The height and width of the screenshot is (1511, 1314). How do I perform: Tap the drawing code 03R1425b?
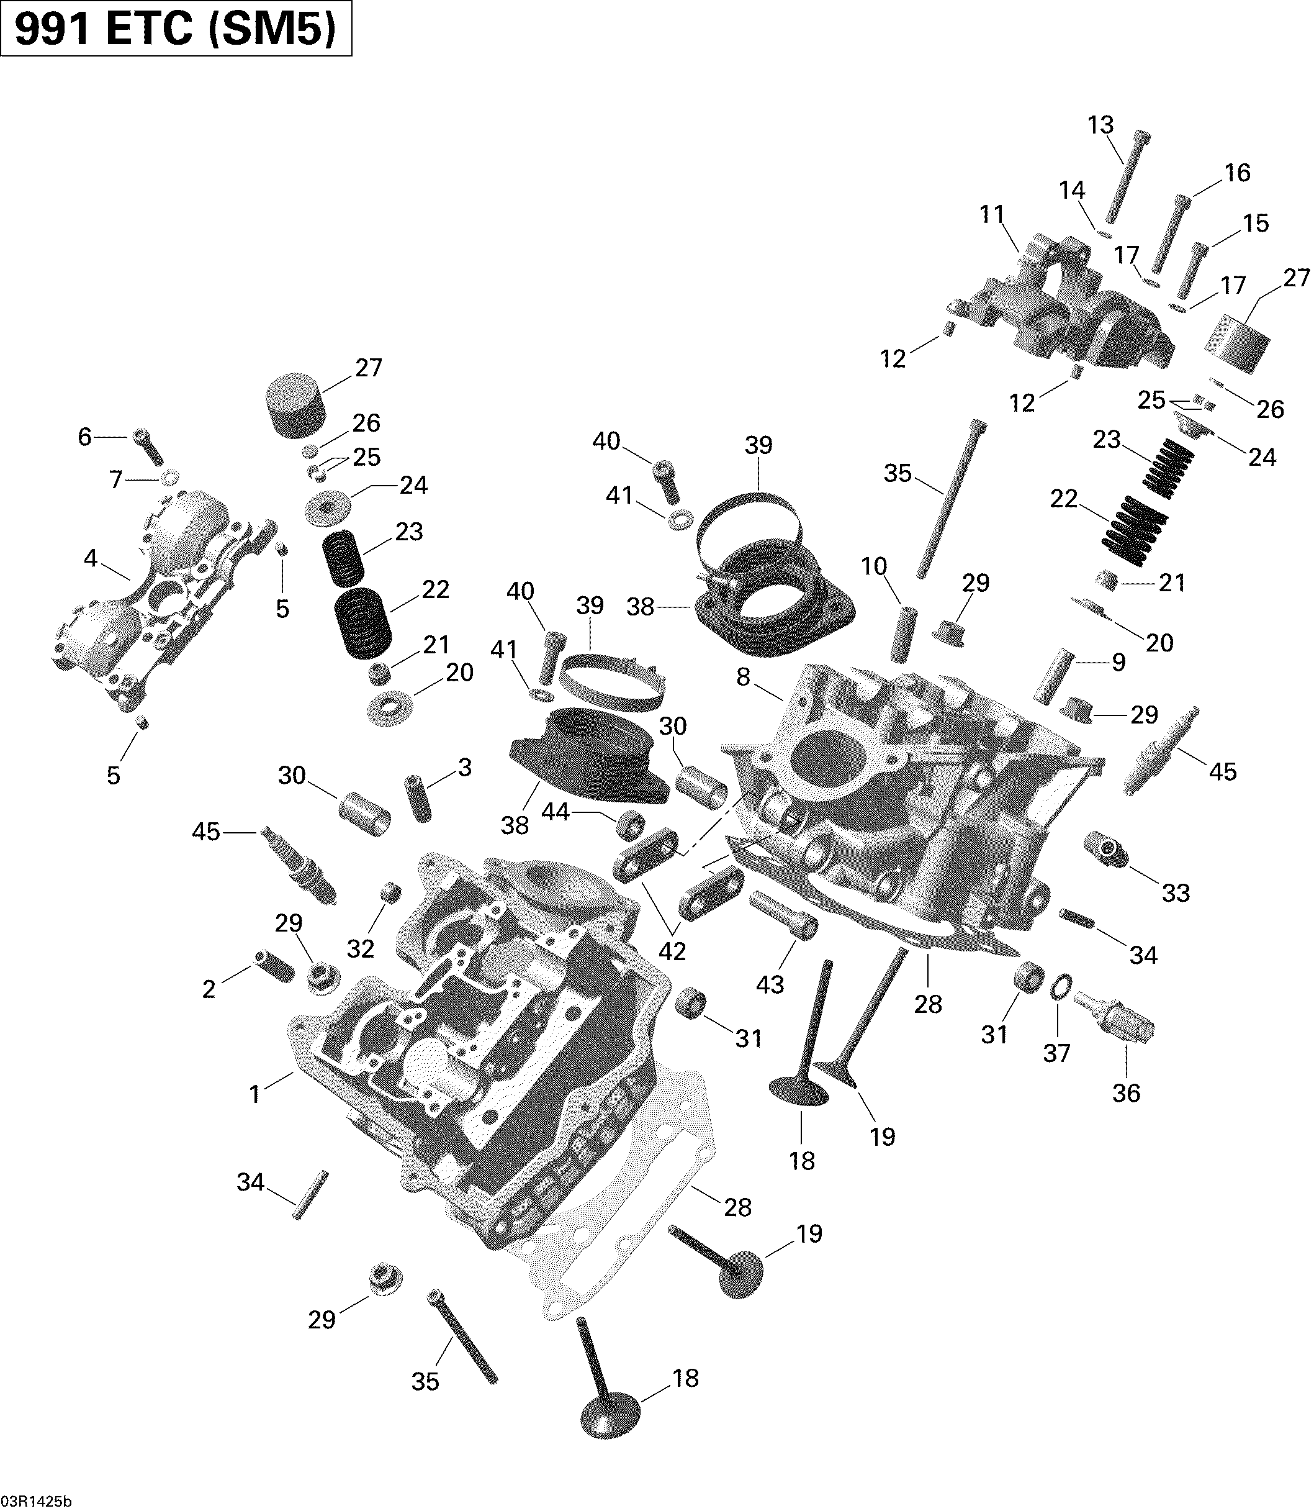coord(37,1498)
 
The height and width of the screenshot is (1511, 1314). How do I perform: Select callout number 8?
coord(744,677)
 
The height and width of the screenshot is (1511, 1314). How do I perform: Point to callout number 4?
coord(90,559)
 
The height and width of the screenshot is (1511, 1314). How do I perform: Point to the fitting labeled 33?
coord(1105,851)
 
